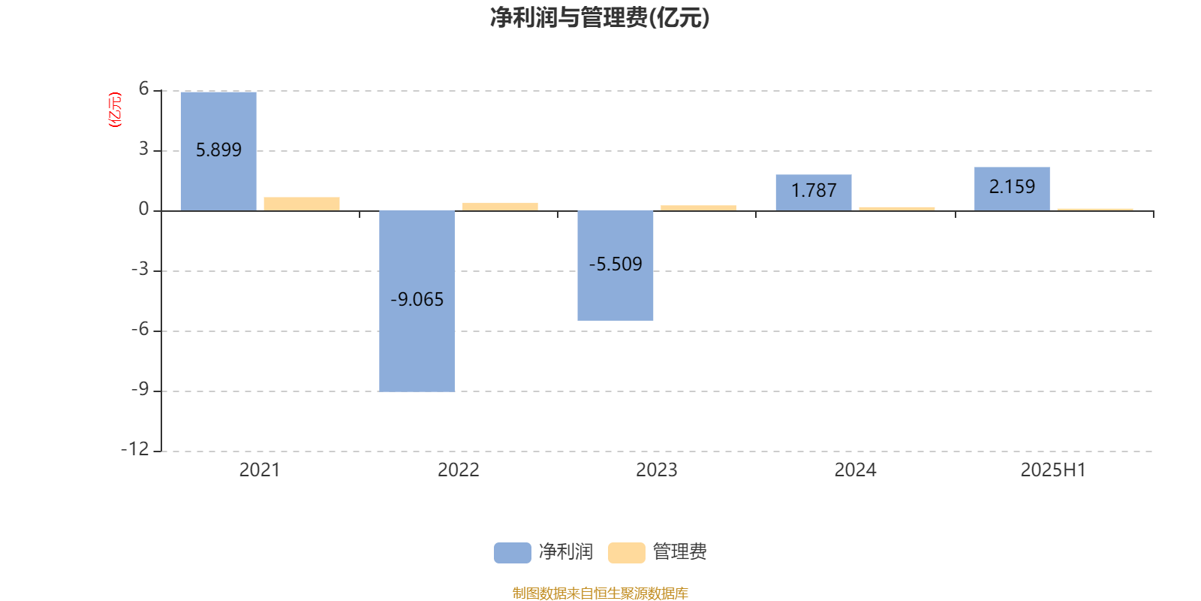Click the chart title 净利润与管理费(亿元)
tap(600, 18)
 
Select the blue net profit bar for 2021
tap(218, 151)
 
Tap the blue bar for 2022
tap(417, 301)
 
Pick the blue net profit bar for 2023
tap(616, 266)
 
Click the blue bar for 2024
tap(814, 192)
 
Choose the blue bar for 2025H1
tap(1013, 189)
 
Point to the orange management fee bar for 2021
tap(302, 204)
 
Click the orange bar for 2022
tap(500, 207)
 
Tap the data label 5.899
tap(218, 149)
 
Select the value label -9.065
tap(417, 300)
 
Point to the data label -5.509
tap(616, 264)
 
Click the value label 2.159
tap(1013, 187)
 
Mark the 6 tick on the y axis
tap(143, 89)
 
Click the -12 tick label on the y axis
tap(135, 449)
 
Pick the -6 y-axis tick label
tap(140, 329)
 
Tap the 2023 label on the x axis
tap(657, 470)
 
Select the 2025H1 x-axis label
tap(1054, 470)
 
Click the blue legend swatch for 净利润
tap(513, 553)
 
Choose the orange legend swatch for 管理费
tap(627, 553)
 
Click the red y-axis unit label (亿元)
tap(116, 110)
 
